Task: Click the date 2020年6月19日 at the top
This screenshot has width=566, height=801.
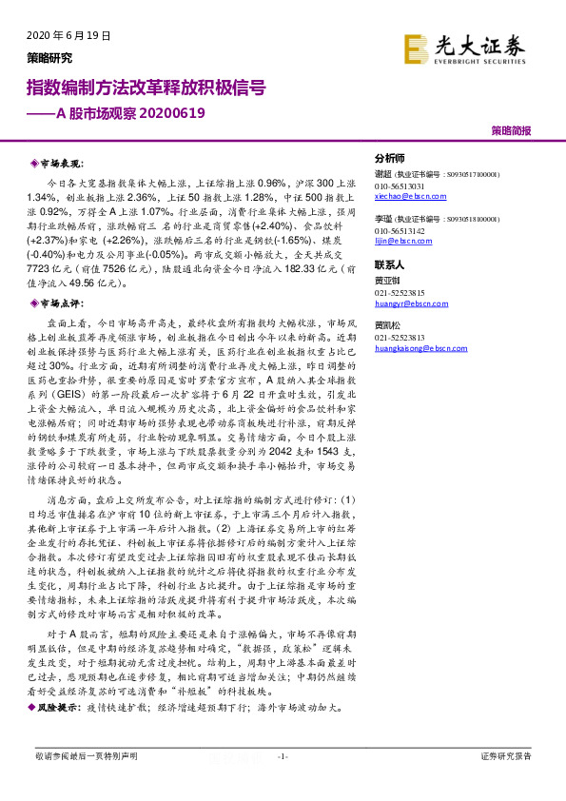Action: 62,35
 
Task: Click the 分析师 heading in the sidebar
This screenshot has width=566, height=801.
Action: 390,159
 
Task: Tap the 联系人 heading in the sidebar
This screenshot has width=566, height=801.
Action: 390,265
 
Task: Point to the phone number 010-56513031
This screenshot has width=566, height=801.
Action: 400,186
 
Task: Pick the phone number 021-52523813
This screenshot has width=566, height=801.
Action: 400,339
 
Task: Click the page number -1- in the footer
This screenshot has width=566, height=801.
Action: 282,755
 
